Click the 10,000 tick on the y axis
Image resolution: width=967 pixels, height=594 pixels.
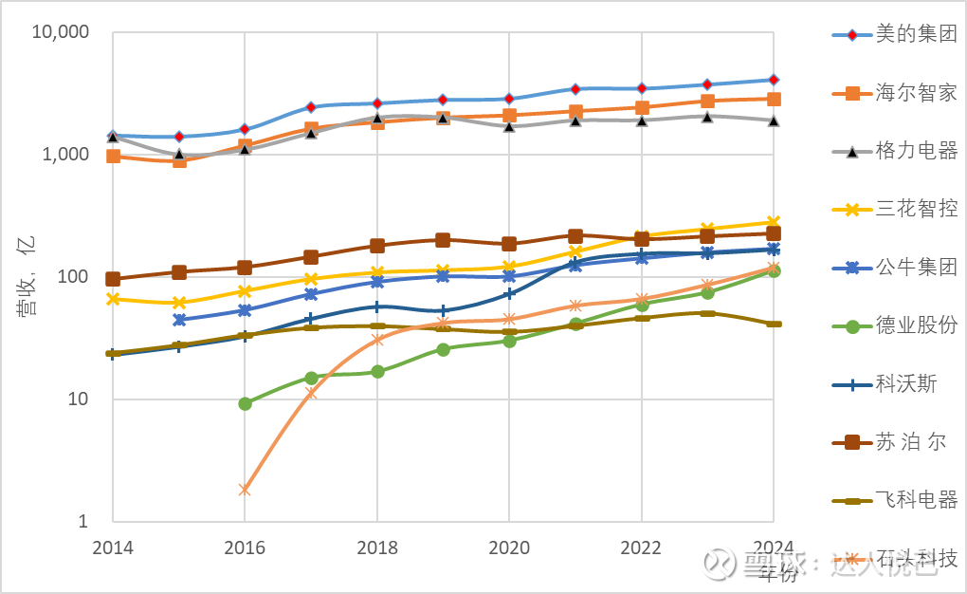pos(62,32)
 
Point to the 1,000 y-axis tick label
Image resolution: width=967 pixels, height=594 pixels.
pos(66,155)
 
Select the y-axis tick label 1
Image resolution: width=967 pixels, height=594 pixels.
pos(82,522)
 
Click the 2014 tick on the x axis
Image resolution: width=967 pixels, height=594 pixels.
pos(112,548)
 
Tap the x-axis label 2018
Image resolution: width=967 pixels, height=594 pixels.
pos(376,548)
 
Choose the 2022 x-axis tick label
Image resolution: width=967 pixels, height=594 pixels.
pos(641,548)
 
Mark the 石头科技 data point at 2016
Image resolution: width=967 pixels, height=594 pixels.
pos(245,490)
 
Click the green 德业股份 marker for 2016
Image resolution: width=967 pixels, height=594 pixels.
pos(245,404)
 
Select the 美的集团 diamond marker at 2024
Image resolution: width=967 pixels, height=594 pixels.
pos(774,80)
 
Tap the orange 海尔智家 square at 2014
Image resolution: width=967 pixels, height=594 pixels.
pos(113,157)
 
